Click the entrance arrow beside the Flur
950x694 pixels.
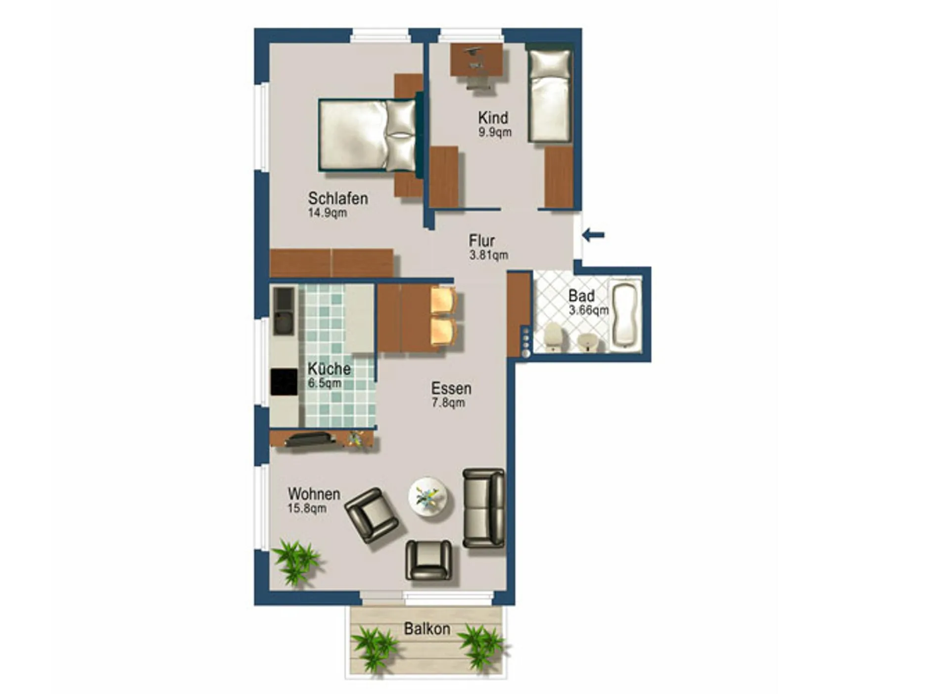click(593, 235)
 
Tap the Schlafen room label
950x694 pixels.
click(338, 198)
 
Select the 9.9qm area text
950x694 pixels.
click(495, 132)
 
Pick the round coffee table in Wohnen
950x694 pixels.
click(428, 497)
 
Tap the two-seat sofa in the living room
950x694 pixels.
click(484, 508)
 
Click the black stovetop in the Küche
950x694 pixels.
click(284, 382)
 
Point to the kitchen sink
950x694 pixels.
click(284, 311)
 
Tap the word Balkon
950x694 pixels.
click(427, 629)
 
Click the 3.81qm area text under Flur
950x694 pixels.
click(488, 255)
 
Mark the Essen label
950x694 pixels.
click(451, 388)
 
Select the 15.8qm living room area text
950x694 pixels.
click(307, 508)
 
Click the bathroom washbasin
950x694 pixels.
click(587, 341)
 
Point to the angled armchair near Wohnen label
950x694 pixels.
click(372, 515)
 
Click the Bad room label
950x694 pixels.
click(581, 296)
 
